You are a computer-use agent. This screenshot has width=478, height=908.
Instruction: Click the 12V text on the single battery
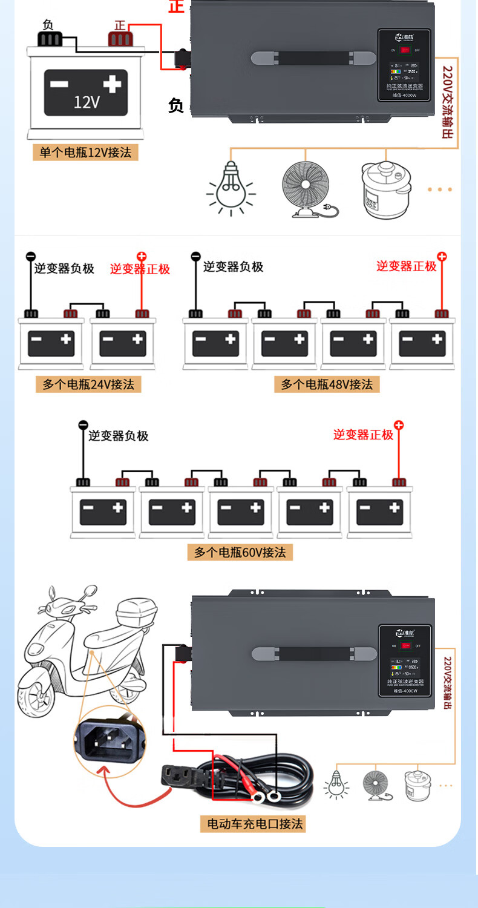[x=86, y=101]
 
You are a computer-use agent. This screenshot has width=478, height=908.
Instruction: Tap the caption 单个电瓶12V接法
[x=85, y=152]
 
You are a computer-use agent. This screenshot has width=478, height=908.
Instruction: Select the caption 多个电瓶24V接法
[x=88, y=384]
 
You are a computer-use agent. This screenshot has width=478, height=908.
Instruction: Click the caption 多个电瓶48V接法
[x=327, y=384]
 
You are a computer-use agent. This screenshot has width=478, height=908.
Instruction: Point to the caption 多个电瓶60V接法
[x=240, y=552]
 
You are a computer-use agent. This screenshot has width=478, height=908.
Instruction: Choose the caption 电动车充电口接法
[x=255, y=823]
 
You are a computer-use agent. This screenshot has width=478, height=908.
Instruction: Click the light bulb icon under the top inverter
[x=231, y=188]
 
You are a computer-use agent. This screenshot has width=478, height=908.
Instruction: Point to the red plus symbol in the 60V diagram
[x=398, y=426]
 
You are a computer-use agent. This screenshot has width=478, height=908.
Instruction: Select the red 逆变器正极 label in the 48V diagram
[x=406, y=266]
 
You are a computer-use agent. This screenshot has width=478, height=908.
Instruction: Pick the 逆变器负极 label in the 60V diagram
[x=118, y=435]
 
